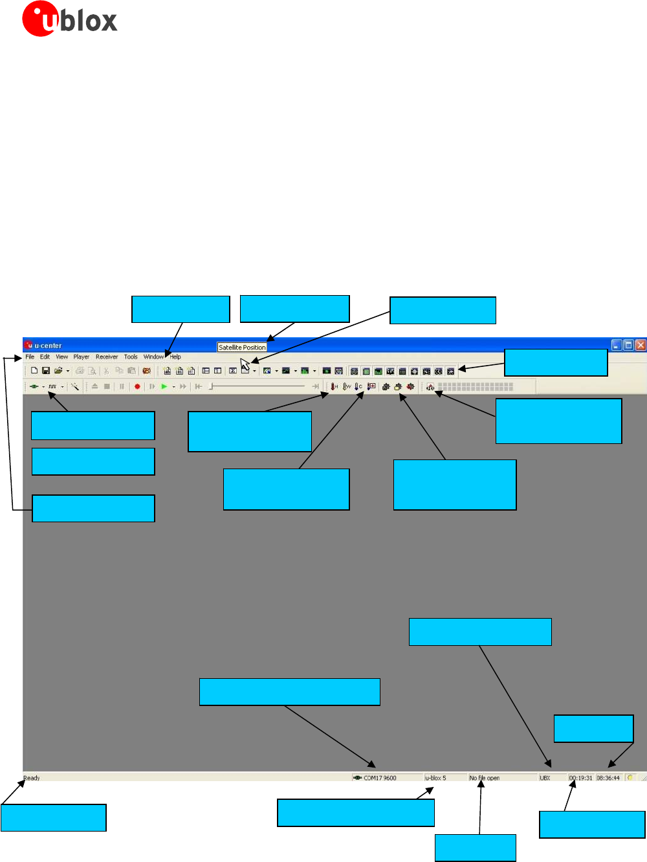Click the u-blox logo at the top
tap(69, 19)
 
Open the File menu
tap(30, 357)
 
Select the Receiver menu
tap(107, 357)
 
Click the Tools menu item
tap(131, 357)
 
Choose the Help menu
tap(175, 357)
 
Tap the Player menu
tap(82, 357)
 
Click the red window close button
tap(640, 345)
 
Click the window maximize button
tap(628, 345)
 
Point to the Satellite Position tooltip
tap(242, 348)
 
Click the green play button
tap(164, 386)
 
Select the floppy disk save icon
tap(46, 371)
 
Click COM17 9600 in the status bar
tap(380, 778)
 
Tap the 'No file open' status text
tap(485, 778)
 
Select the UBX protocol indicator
tap(545, 778)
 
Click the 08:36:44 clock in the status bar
tap(608, 778)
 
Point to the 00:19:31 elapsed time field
tap(581, 778)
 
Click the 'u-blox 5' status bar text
tap(435, 778)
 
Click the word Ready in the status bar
tap(32, 778)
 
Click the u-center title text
tap(48, 346)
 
